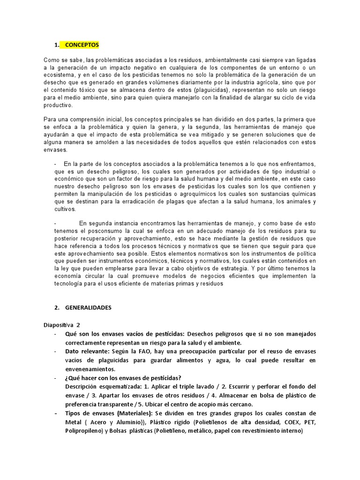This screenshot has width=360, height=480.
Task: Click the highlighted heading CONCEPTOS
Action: coord(82,45)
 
